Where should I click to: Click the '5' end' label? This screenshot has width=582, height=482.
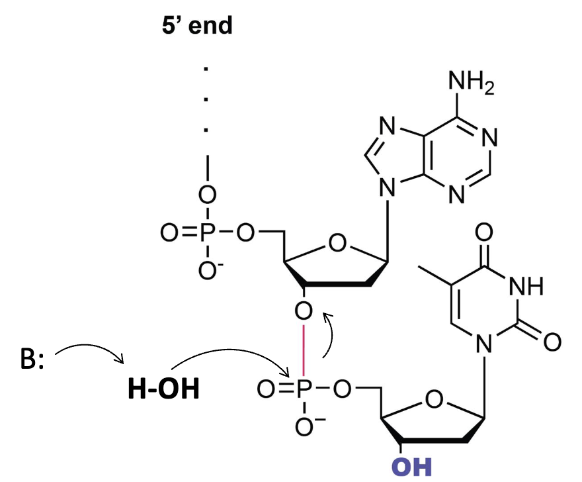click(197, 26)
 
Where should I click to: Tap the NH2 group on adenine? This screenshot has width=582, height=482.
click(471, 82)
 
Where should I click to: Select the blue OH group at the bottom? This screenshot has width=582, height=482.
click(411, 467)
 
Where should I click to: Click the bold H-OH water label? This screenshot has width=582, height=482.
click(163, 389)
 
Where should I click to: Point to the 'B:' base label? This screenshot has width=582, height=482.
click(32, 360)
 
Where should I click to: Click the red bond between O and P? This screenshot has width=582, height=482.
click(304, 350)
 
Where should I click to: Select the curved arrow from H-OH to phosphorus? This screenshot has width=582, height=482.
click(230, 350)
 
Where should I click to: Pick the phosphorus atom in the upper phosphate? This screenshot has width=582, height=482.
click(208, 233)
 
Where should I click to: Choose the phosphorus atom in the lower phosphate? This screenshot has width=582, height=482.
click(304, 389)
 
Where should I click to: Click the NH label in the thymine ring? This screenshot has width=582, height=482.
click(526, 286)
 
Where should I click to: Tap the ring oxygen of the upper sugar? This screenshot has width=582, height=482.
click(337, 243)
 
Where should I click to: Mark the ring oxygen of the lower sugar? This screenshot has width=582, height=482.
click(434, 399)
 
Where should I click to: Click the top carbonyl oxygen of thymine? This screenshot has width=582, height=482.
click(484, 232)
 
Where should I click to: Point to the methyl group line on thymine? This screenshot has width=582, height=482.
click(435, 276)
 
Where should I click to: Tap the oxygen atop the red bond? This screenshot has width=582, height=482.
click(304, 311)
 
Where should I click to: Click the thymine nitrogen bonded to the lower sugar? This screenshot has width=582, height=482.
click(484, 343)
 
